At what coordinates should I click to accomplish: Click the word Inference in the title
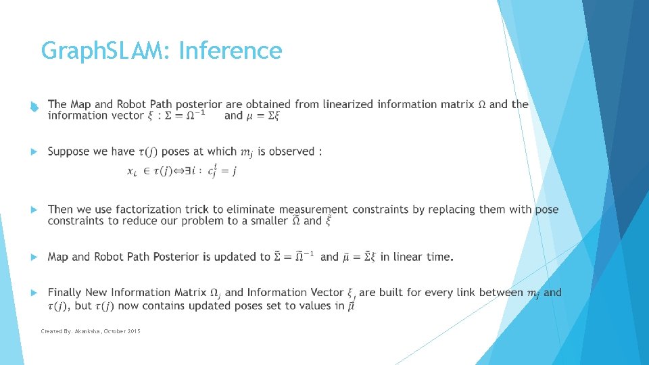click(x=231, y=51)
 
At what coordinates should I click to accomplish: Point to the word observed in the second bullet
click(x=291, y=151)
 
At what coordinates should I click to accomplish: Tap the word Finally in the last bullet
click(x=66, y=293)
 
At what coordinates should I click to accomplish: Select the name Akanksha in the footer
click(x=83, y=331)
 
